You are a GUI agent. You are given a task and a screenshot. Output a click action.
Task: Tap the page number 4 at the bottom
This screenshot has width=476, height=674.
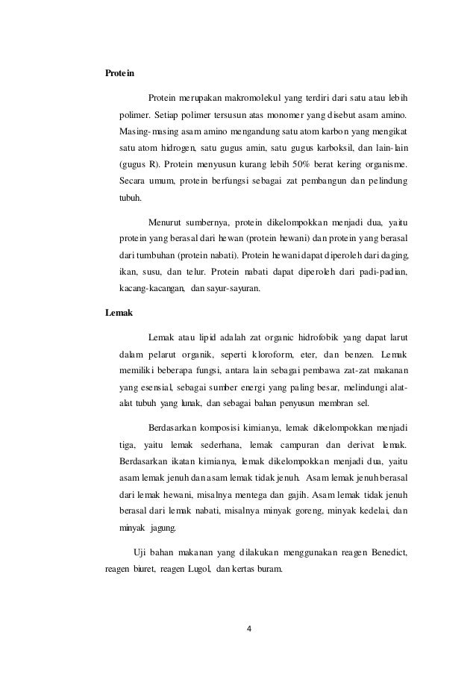(x=250, y=628)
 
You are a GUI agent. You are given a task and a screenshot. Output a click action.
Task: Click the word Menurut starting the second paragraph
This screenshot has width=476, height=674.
(x=167, y=222)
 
